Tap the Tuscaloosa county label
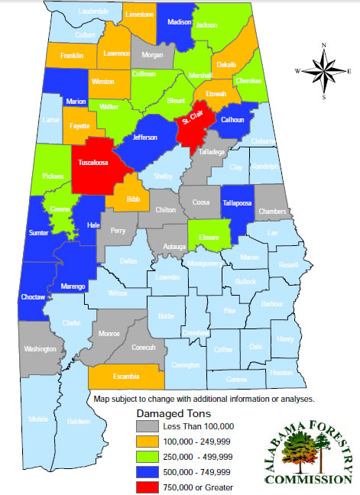(91, 163)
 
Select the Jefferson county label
(144, 137)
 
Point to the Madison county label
(179, 22)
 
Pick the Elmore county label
(209, 238)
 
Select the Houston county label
(281, 372)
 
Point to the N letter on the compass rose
(324, 47)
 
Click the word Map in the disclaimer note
(102, 399)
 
